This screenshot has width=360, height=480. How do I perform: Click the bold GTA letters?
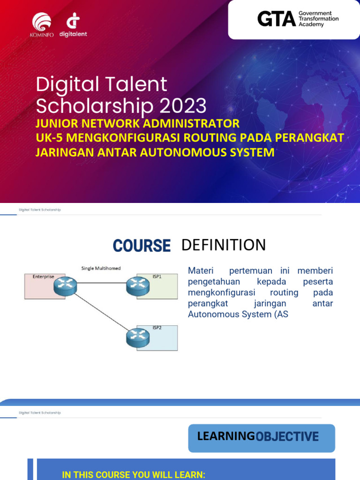coord(276,19)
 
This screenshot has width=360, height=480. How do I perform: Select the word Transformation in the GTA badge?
coord(318,19)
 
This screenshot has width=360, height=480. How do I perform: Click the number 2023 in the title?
coord(183,106)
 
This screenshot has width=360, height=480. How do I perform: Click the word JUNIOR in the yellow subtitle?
coord(56,124)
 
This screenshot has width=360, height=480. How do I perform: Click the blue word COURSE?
coord(142,246)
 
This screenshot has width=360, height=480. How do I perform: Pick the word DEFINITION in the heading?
coord(223,245)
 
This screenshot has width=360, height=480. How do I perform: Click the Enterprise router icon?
coord(65,285)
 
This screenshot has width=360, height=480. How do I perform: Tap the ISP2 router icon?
coord(137,337)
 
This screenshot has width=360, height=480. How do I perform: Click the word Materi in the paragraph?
coord(200,271)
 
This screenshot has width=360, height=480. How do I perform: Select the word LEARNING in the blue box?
coord(225,436)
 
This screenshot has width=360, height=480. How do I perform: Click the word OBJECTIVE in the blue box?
coord(287,436)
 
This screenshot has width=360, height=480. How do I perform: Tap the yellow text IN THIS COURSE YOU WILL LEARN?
coord(134,475)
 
